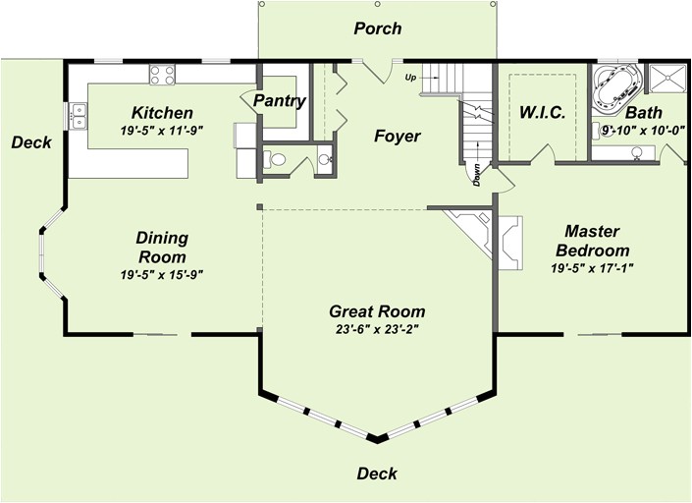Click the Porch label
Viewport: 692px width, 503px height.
pyautogui.click(x=377, y=28)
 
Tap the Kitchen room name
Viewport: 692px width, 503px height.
pyautogui.click(x=162, y=113)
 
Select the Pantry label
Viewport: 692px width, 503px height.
pyautogui.click(x=280, y=101)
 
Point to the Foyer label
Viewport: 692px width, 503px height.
pyautogui.click(x=398, y=136)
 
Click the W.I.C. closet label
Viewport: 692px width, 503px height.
pyautogui.click(x=543, y=113)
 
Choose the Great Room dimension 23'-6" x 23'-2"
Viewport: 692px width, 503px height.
pyautogui.click(x=377, y=330)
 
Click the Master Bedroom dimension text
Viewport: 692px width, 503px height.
pyautogui.click(x=592, y=268)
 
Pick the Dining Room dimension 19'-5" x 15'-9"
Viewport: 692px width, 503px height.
pyautogui.click(x=162, y=275)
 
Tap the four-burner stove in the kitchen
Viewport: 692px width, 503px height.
pyautogui.click(x=162, y=75)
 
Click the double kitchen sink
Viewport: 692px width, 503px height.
pyautogui.click(x=79, y=116)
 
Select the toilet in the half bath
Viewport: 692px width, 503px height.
pyautogui.click(x=275, y=159)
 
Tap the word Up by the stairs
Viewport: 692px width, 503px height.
pyautogui.click(x=410, y=78)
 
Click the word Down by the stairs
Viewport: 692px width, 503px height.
pyautogui.click(x=477, y=175)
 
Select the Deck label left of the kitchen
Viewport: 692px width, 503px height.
pyautogui.click(x=31, y=142)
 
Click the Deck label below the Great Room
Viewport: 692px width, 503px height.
pyautogui.click(x=377, y=474)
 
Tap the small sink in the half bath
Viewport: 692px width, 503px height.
pyautogui.click(x=324, y=159)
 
